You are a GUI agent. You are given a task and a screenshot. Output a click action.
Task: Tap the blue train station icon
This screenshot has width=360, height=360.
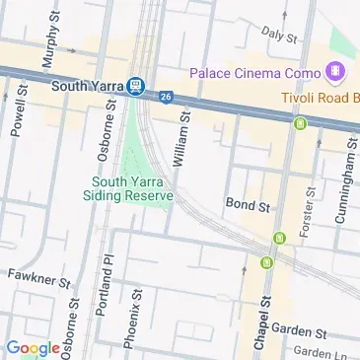click(x=136, y=86)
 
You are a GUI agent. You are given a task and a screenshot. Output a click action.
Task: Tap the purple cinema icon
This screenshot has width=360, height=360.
click(x=336, y=72)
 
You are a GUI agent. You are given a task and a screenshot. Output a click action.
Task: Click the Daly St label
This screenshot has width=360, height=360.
click(x=279, y=36)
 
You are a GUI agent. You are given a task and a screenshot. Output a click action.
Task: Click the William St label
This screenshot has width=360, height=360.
click(x=182, y=139)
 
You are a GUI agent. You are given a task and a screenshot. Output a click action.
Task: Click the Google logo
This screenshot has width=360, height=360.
click(x=33, y=347)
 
